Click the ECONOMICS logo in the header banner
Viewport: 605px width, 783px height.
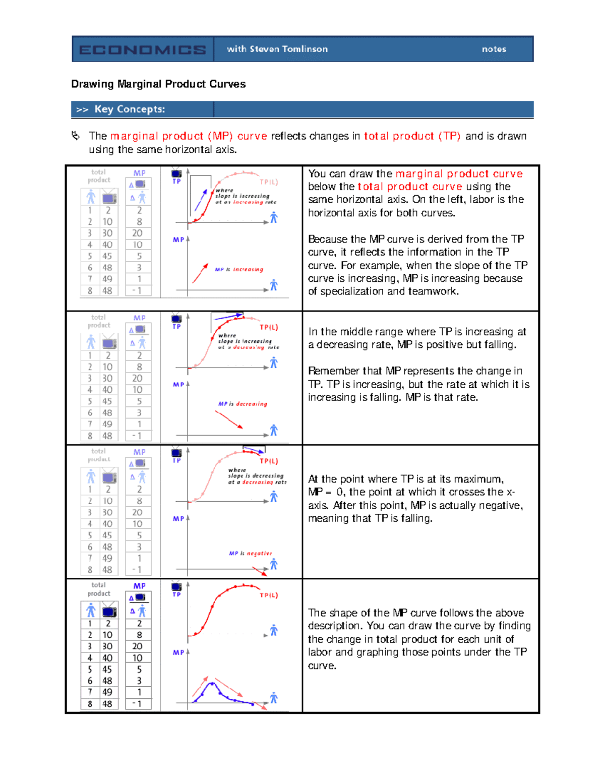click(142, 49)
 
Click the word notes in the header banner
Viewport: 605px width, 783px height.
click(494, 49)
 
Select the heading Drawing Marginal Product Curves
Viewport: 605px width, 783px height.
click(158, 84)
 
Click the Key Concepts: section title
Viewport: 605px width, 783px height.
click(129, 109)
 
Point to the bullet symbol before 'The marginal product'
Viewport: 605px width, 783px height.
click(76, 136)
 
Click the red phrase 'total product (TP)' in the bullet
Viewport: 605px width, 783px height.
click(412, 136)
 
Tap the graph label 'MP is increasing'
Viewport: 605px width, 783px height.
click(238, 269)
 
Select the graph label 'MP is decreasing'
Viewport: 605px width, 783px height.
click(243, 404)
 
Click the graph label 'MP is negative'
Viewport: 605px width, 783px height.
click(250, 553)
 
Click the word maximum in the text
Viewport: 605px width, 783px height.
click(479, 479)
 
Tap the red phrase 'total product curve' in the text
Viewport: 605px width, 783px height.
click(409, 187)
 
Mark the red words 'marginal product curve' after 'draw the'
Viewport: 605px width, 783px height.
click(459, 174)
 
